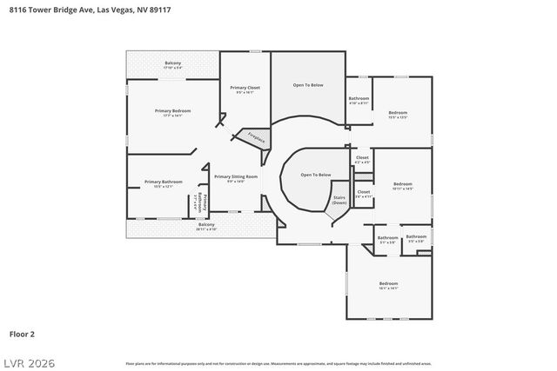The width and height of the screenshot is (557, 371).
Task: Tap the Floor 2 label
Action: point(21,333)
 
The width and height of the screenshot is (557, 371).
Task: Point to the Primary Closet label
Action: point(245,89)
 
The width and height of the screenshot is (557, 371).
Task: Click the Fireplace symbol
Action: point(255,136)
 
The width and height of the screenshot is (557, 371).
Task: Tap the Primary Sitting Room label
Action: point(236,178)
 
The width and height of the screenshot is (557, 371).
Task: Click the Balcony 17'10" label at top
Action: point(173,64)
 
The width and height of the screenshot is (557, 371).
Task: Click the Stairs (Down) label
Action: point(339,199)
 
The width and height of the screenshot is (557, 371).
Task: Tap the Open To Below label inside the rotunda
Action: point(316,175)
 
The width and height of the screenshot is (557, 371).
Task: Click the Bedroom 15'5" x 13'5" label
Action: point(398,115)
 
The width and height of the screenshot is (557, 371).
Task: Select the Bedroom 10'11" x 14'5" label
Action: point(402,185)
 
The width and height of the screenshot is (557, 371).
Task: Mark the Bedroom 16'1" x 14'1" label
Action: point(388,286)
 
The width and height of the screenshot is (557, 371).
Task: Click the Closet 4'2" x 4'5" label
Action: point(363,160)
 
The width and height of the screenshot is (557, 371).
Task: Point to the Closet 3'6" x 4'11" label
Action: point(363,193)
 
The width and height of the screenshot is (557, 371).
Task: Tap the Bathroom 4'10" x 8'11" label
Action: point(359,101)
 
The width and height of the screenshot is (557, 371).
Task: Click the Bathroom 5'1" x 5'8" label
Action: point(387,240)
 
